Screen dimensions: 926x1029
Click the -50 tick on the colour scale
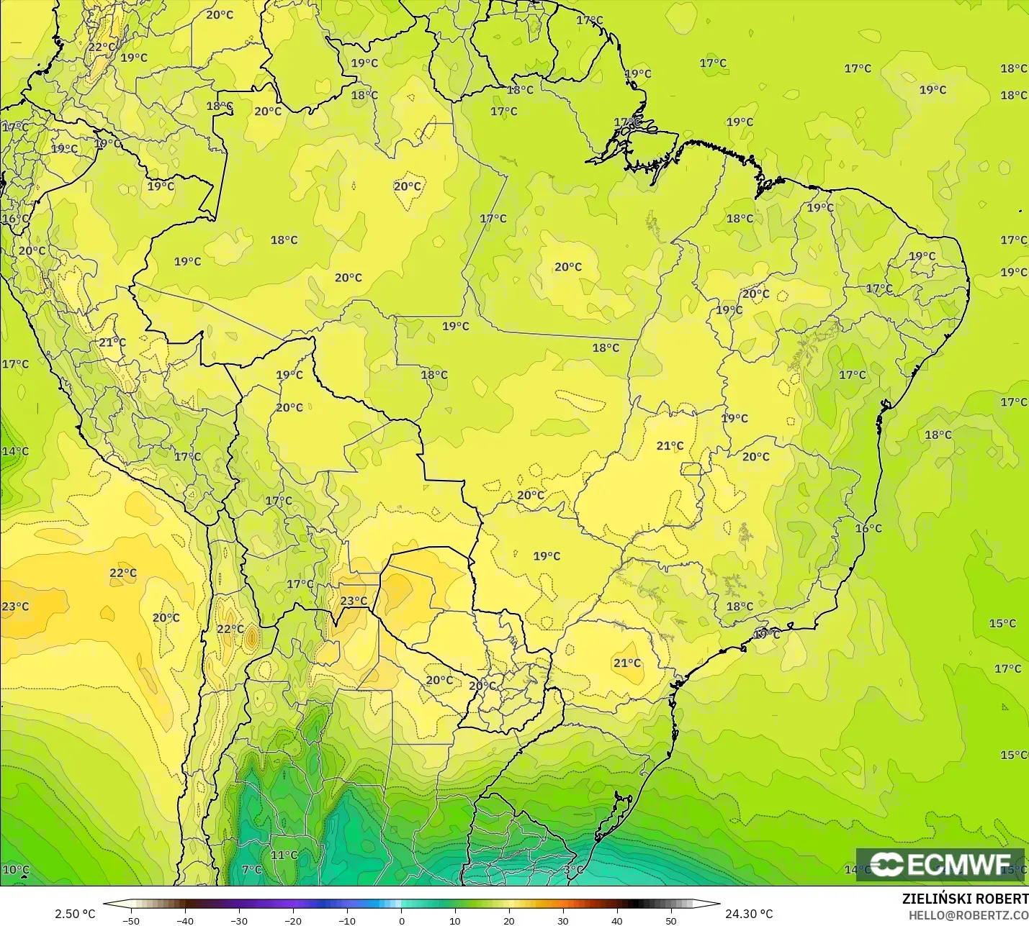(131, 920)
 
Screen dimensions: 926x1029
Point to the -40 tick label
(185, 920)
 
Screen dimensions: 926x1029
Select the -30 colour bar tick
(239, 920)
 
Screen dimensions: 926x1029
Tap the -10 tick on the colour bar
(347, 920)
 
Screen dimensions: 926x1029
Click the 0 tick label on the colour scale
(401, 920)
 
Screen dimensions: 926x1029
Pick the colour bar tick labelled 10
(455, 920)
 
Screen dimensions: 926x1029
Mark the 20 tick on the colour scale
(509, 920)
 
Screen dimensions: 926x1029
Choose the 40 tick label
(617, 920)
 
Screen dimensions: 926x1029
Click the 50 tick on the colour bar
(671, 920)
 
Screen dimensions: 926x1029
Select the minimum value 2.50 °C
(75, 914)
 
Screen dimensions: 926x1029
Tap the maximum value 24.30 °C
(749, 914)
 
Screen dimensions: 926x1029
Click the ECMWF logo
(940, 864)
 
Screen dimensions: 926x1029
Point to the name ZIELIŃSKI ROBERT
(965, 899)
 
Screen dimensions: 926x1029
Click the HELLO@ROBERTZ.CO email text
(969, 915)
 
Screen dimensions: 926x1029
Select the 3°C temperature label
(574, 870)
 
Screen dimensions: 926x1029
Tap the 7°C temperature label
(252, 870)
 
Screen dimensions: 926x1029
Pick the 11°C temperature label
(284, 855)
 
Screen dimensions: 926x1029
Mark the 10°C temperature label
(16, 870)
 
